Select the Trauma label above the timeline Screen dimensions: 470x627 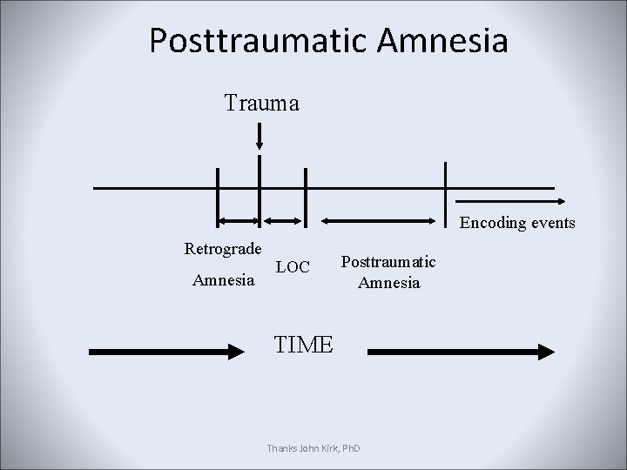261,104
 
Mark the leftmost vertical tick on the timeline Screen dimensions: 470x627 218,187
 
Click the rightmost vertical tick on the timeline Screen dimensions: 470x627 445,187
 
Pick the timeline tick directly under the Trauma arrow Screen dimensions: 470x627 260,187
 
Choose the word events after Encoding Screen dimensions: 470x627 555,223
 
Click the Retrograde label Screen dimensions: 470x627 223,249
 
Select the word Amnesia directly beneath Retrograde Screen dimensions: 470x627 223,280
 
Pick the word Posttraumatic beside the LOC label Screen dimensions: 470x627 388,262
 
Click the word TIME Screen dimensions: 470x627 303,345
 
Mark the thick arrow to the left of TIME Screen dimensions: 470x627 171,352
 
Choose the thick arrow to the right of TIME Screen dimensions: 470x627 462,352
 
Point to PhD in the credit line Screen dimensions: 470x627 351,448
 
